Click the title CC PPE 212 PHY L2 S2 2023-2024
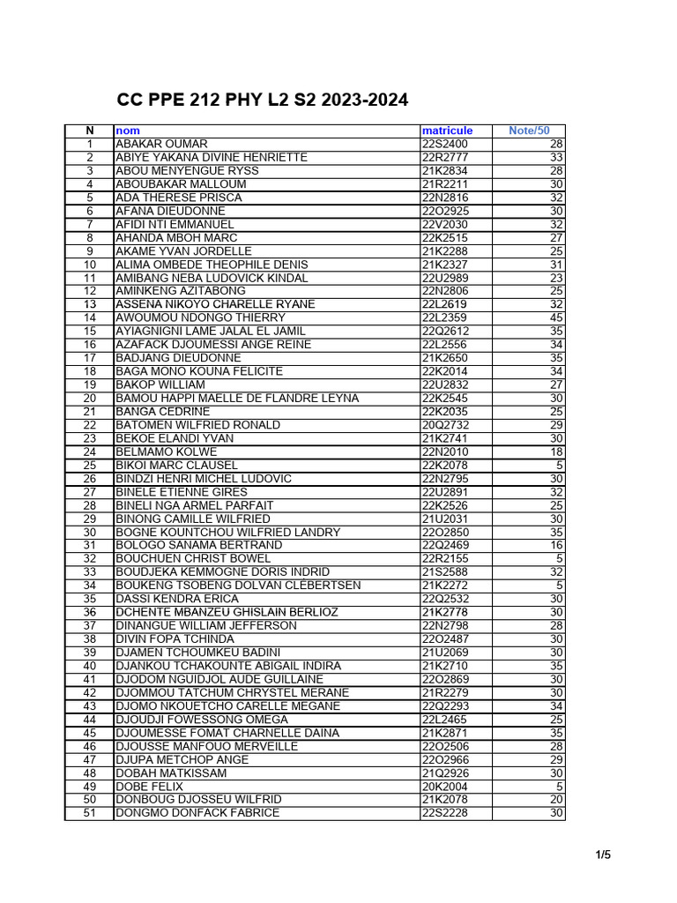click(263, 101)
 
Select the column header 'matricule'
click(447, 131)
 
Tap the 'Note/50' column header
click(529, 131)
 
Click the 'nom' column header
click(128, 131)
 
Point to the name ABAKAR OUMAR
click(162, 144)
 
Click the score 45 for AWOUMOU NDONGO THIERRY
click(555, 317)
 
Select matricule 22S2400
click(445, 144)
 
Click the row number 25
click(89, 465)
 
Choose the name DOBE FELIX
click(150, 787)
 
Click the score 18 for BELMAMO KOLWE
click(555, 451)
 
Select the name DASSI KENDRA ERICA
click(177, 599)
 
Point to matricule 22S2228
click(445, 813)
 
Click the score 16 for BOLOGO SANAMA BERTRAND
click(555, 545)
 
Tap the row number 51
click(89, 813)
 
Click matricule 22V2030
click(445, 224)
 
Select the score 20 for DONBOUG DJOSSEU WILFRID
click(555, 800)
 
